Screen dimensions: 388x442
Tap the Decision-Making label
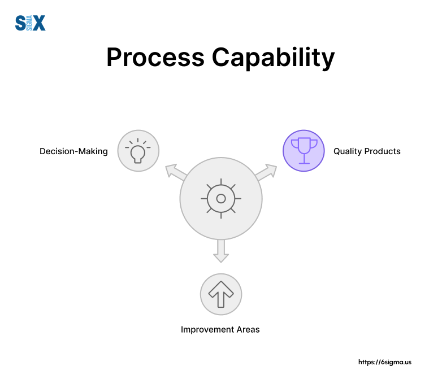click(73, 151)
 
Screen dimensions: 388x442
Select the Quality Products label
click(367, 151)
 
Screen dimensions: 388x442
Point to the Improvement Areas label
click(220, 329)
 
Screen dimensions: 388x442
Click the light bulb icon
click(138, 151)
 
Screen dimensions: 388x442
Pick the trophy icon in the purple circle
click(304, 151)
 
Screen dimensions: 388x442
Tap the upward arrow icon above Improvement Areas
click(221, 294)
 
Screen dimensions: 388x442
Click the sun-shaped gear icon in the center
click(221, 198)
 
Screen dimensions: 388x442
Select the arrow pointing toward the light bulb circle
click(175, 173)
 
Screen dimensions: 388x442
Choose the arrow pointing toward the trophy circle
click(267, 172)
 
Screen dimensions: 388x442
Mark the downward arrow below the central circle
click(221, 252)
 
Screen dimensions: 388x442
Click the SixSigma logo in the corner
click(30, 23)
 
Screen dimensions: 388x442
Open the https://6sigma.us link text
click(385, 362)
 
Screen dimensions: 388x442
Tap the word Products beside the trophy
click(383, 151)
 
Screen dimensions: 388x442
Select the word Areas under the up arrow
click(248, 329)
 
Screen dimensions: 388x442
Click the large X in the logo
click(38, 23)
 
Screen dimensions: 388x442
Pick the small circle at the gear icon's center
click(221, 198)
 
